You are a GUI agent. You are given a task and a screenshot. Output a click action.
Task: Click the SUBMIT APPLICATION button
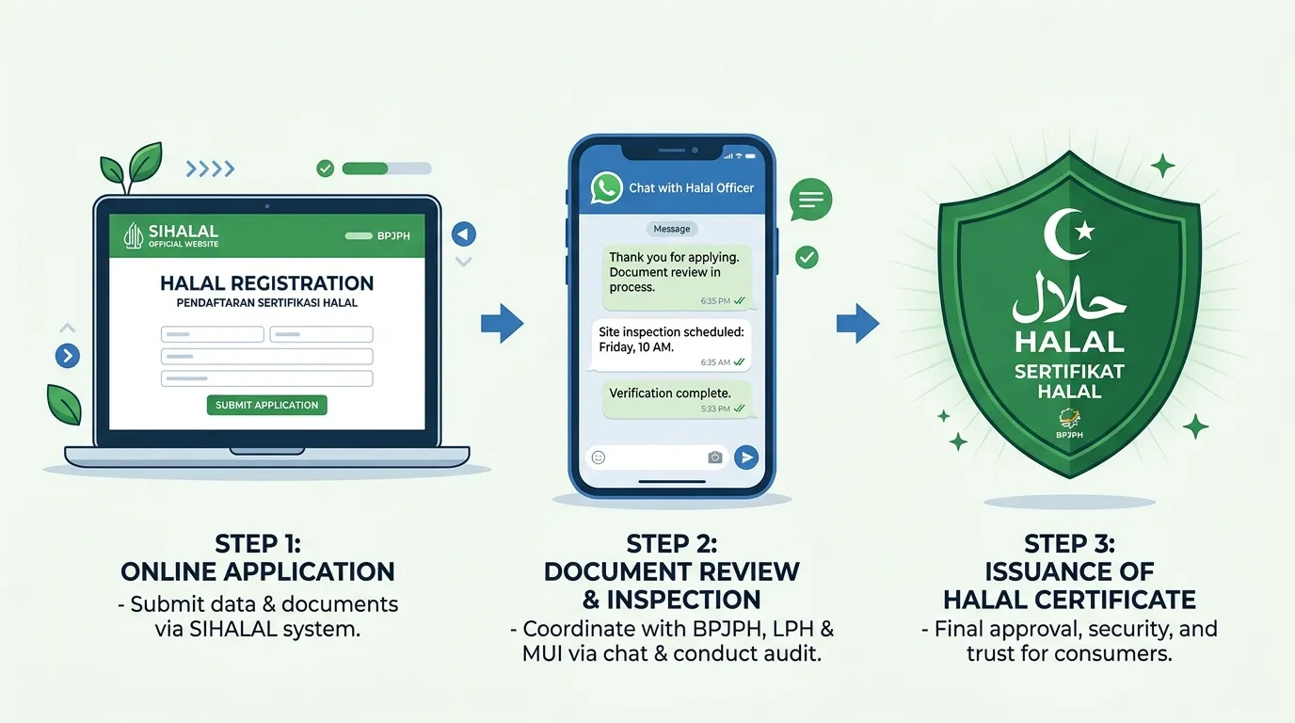tap(266, 405)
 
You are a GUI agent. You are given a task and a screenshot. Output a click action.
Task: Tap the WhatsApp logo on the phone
tap(606, 188)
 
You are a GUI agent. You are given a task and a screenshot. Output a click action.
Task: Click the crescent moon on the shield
tap(1063, 234)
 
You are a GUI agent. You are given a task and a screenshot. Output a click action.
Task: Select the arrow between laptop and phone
tap(502, 323)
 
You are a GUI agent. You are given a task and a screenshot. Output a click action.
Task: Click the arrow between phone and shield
tap(858, 323)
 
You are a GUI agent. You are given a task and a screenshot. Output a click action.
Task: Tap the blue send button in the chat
tap(746, 457)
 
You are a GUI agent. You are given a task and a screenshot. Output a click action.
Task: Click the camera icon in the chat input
tap(715, 458)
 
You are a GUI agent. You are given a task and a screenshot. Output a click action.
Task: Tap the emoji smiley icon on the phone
tap(599, 458)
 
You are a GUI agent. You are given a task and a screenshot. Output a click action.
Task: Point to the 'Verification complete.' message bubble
tap(677, 399)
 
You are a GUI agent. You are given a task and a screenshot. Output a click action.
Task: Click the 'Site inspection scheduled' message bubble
tap(671, 345)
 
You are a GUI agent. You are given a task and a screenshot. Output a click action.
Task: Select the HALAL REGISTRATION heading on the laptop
tap(266, 282)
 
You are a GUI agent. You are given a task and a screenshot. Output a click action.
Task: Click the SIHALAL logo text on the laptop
tap(184, 232)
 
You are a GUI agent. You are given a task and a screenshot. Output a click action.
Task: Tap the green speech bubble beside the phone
tap(810, 201)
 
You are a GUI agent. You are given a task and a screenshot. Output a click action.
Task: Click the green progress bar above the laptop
tap(387, 169)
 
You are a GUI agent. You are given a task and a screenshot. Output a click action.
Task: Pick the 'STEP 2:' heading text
tap(672, 544)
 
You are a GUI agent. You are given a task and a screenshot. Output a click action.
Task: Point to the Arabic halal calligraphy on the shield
tap(1069, 298)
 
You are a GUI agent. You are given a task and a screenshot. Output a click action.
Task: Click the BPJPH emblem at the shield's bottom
tap(1069, 423)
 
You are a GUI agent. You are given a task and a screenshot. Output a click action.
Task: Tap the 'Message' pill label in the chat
tap(672, 229)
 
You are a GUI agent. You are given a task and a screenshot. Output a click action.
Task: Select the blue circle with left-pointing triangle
tap(464, 234)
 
